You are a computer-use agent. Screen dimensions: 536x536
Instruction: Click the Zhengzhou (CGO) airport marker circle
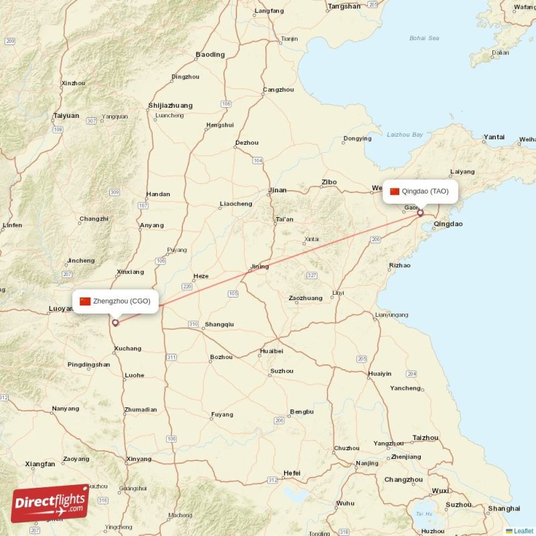(x=115, y=322)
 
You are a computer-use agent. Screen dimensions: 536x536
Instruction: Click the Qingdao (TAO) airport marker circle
(x=421, y=213)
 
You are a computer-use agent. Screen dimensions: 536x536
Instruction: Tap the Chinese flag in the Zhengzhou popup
(x=85, y=301)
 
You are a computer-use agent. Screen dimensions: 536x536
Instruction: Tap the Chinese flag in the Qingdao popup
(x=395, y=192)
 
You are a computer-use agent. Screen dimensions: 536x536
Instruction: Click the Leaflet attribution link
(x=523, y=531)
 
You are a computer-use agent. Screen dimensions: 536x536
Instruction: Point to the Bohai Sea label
(x=424, y=38)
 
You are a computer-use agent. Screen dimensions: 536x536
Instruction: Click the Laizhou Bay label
(x=405, y=135)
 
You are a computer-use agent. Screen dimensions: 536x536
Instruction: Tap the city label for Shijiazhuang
(x=170, y=105)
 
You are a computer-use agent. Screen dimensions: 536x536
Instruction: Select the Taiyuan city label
(x=66, y=115)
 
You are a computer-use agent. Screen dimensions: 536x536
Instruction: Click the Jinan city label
(x=277, y=190)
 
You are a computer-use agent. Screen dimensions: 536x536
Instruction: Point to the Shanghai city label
(x=504, y=509)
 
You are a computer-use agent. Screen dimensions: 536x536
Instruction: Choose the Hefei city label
(x=291, y=473)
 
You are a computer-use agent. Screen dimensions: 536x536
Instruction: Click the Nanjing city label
(x=367, y=463)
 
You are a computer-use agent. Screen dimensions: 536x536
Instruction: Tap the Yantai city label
(x=494, y=137)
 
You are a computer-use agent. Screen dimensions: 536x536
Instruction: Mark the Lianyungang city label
(x=391, y=314)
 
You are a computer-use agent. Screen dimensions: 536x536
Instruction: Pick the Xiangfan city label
(x=40, y=464)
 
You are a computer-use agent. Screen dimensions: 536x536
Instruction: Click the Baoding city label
(x=210, y=54)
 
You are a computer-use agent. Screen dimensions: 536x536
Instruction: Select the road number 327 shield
(x=312, y=275)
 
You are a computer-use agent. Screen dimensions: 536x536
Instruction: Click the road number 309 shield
(x=115, y=193)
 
